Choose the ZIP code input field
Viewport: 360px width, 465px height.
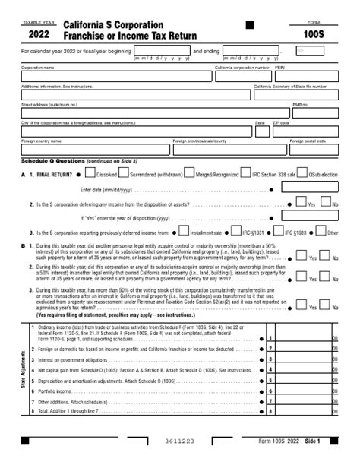click(305, 131)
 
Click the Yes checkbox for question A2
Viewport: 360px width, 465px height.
click(301, 202)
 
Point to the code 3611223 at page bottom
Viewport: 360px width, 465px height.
click(180, 441)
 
